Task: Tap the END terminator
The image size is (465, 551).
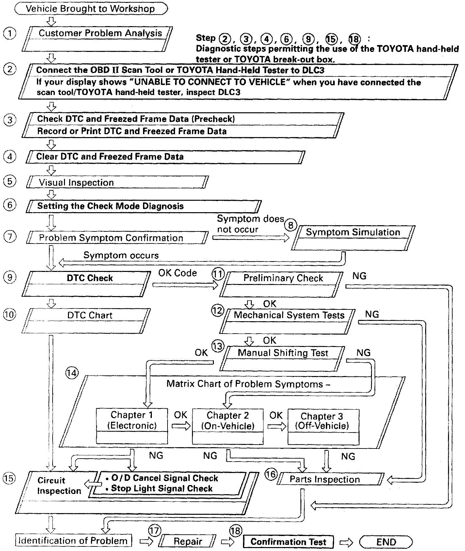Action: click(x=386, y=542)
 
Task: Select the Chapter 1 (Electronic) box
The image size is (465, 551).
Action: click(x=132, y=426)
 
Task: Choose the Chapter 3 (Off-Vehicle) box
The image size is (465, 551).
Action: click(x=323, y=426)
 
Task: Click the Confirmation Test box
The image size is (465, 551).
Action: click(x=288, y=542)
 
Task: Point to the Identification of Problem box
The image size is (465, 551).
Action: click(x=73, y=541)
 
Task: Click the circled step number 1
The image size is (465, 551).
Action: click(x=10, y=33)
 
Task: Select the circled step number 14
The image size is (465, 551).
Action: click(x=72, y=373)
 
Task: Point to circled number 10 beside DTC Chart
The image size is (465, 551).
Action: click(x=10, y=315)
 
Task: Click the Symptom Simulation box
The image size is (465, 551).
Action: click(x=353, y=238)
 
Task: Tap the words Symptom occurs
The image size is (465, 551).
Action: click(x=121, y=255)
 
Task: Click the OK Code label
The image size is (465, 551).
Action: click(x=178, y=273)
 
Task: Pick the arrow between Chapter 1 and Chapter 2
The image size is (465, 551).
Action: click(x=181, y=426)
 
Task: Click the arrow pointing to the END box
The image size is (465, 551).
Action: click(x=346, y=542)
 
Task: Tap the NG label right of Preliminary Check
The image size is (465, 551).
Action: click(x=359, y=276)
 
